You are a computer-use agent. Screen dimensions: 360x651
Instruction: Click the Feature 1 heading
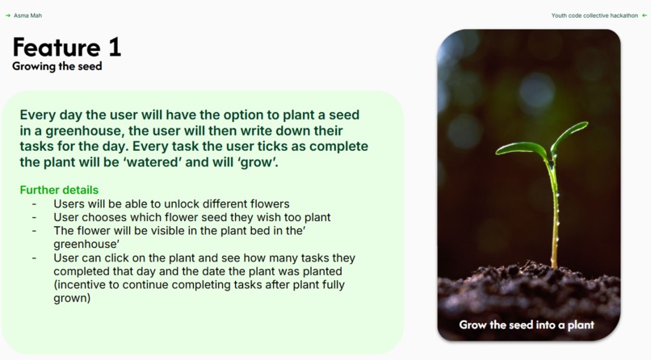point(66,48)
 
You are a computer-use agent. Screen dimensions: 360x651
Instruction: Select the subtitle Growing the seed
point(57,67)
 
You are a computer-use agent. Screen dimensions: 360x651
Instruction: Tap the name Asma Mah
point(27,15)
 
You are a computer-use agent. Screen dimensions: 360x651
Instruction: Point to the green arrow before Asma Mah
point(8,15)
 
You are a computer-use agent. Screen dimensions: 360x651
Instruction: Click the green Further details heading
point(59,190)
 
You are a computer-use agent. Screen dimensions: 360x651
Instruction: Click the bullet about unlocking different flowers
point(171,204)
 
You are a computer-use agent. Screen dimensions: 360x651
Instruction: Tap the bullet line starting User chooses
point(191,217)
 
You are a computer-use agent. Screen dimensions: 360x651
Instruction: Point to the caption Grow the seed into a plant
point(527,325)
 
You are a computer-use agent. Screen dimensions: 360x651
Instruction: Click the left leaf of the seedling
point(521,149)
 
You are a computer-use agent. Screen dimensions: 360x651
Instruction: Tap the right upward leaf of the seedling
point(571,134)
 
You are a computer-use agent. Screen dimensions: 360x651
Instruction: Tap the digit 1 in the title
point(113,48)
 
